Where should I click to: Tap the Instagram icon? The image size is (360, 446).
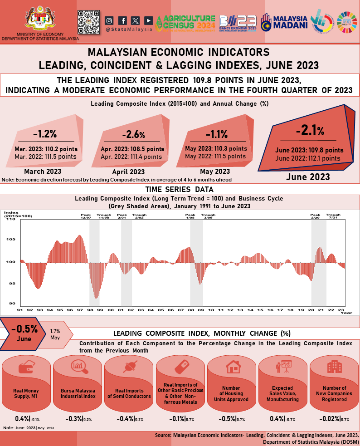109,20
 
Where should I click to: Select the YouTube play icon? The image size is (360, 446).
148,20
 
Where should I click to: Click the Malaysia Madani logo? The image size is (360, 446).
285,21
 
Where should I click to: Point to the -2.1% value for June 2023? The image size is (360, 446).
310,131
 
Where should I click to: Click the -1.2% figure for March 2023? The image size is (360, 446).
44,134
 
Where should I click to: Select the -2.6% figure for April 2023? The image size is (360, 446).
133,135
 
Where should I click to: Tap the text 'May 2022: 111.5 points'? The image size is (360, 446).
215,156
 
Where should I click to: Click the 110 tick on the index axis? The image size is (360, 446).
11,219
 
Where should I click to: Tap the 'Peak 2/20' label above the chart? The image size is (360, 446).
315,216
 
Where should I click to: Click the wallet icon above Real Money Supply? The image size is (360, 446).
26,368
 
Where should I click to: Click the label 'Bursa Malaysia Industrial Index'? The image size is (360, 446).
78,393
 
